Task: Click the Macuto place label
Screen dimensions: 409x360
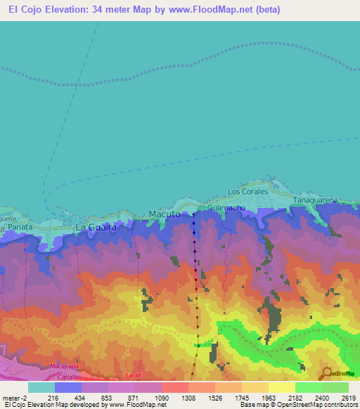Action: point(165,214)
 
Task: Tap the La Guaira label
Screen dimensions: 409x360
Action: point(95,228)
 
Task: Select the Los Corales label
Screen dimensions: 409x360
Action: point(248,191)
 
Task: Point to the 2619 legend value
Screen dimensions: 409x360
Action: point(349,398)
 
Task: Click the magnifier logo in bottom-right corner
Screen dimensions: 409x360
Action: point(326,373)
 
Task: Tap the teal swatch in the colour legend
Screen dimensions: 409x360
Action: point(41,387)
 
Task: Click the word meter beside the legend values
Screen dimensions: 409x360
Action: point(13,398)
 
